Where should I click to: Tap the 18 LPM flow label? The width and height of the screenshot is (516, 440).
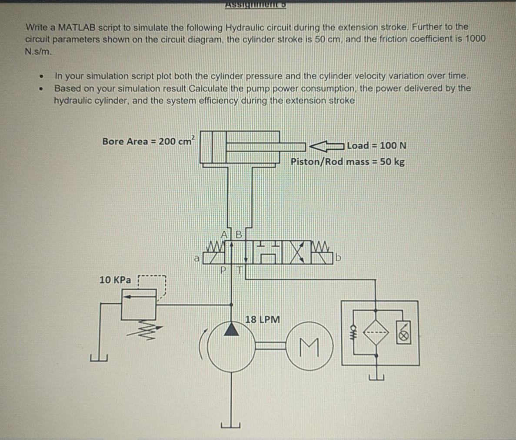tap(263, 320)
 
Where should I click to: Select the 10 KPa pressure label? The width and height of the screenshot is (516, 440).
tap(115, 280)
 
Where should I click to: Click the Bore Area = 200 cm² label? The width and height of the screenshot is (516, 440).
tap(148, 141)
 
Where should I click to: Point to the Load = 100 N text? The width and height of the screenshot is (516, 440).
tap(376, 145)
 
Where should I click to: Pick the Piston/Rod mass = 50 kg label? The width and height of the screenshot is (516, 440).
tap(347, 162)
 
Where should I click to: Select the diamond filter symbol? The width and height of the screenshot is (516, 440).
tap(376, 333)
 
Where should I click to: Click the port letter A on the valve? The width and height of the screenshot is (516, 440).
tap(225, 234)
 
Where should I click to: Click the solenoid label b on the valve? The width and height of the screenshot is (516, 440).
tap(339, 259)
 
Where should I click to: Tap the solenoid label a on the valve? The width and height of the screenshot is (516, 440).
tap(196, 259)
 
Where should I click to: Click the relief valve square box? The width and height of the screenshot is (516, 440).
tap(139, 304)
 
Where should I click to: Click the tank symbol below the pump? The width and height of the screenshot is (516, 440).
tap(231, 424)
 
